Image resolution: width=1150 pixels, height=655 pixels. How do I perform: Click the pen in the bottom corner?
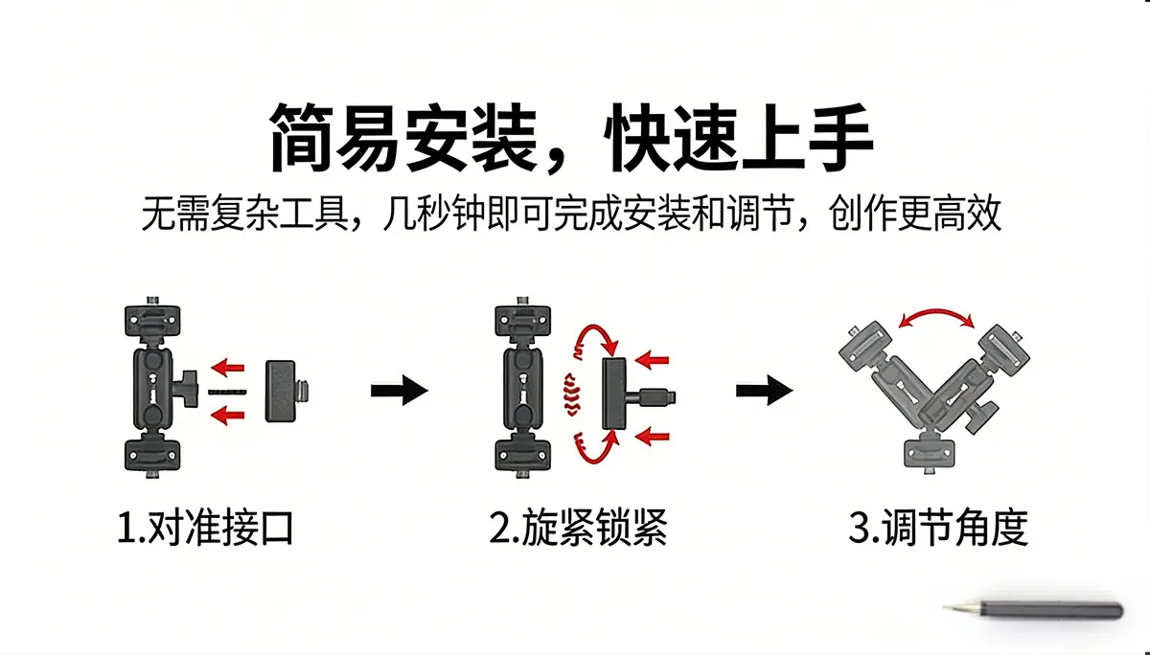[1032, 610]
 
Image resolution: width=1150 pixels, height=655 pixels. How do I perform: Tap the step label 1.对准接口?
[205, 528]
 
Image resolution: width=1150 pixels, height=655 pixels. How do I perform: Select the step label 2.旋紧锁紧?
[579, 528]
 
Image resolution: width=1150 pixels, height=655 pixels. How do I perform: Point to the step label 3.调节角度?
[938, 528]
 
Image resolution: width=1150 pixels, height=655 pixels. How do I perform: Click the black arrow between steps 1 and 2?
[400, 391]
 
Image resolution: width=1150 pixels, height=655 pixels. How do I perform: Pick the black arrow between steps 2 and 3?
[765, 391]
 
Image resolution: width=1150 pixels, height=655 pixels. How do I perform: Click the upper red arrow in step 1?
[227, 368]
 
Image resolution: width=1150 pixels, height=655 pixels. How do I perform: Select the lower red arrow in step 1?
[227, 415]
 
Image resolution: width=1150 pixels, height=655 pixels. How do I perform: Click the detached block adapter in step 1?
[287, 392]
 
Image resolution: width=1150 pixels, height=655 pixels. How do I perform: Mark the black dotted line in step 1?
[227, 393]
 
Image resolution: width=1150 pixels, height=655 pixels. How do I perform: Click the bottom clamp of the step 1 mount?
[152, 455]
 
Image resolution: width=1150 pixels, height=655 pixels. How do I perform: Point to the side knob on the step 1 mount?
[186, 389]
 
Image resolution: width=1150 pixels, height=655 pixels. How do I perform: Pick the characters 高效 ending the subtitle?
[968, 213]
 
